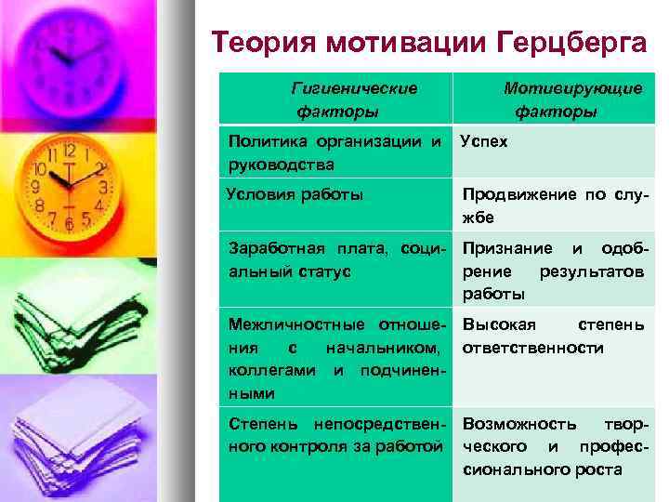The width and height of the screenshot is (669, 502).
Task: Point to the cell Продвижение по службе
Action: [x=553, y=205]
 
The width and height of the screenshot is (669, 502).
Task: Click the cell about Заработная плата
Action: [x=334, y=259]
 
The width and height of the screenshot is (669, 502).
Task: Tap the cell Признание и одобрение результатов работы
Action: [x=553, y=271]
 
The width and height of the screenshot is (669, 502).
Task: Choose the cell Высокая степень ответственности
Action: [x=553, y=337]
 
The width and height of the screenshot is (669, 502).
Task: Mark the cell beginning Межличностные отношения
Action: [x=334, y=359]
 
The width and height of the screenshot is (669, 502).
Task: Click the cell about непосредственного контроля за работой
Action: [x=334, y=436]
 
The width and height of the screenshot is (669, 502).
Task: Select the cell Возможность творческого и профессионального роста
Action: [x=553, y=446]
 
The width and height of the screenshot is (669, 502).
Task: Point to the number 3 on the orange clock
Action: [x=104, y=187]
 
